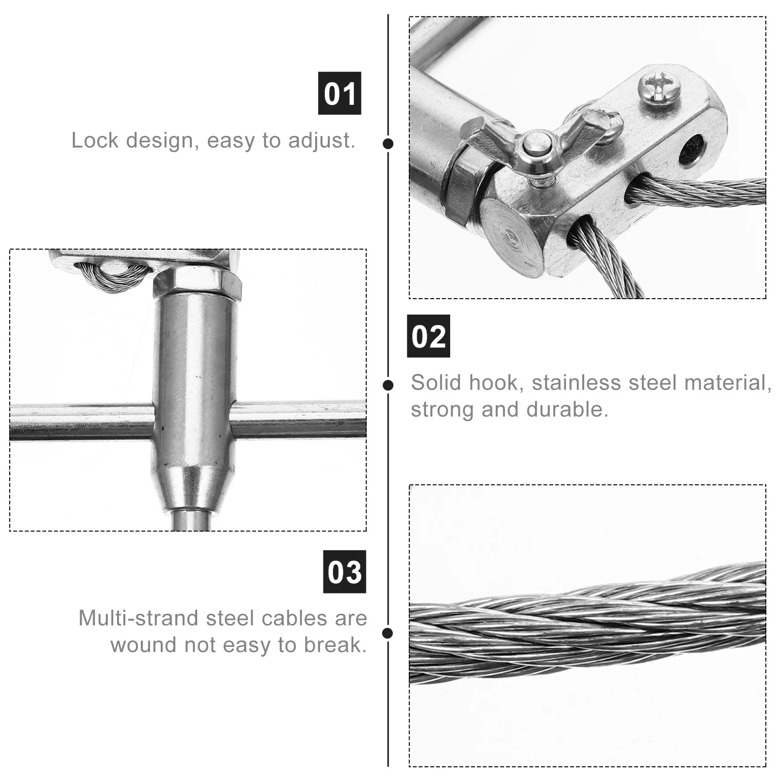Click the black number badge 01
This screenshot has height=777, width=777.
(x=339, y=93)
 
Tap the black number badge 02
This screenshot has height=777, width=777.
(x=428, y=336)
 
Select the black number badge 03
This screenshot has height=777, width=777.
(x=344, y=572)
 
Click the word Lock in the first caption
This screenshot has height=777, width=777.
(x=95, y=140)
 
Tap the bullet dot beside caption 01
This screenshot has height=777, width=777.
(x=388, y=143)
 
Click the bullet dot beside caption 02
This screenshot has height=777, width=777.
(x=388, y=385)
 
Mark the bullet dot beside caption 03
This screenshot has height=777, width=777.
(x=388, y=633)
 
